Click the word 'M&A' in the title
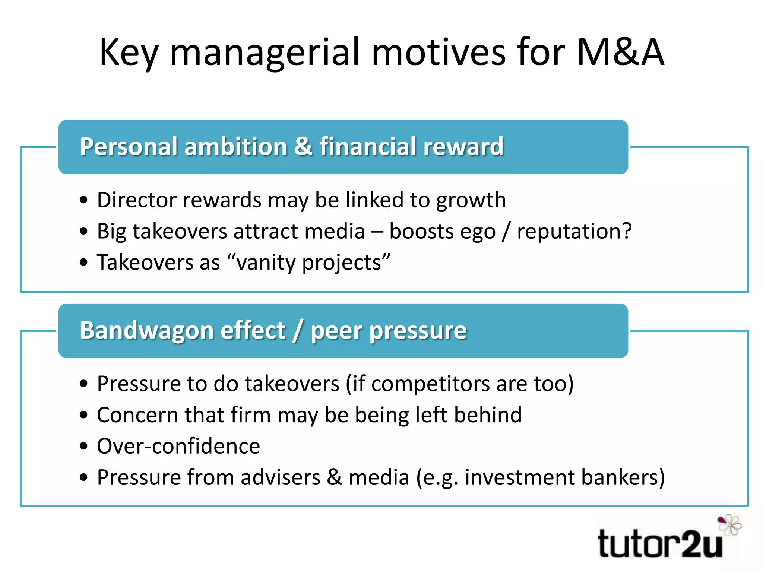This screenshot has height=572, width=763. [x=620, y=53]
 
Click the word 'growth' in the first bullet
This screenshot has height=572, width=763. [x=471, y=201]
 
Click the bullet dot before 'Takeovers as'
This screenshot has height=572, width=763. [x=84, y=263]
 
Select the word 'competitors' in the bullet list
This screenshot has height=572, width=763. [x=430, y=384]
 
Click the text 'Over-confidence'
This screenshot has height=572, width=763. [x=178, y=446]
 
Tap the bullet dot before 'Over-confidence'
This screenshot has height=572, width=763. [x=84, y=446]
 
